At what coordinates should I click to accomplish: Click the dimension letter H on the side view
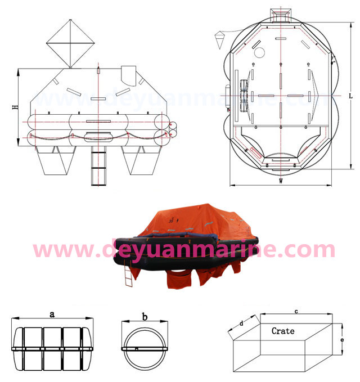click(15, 107)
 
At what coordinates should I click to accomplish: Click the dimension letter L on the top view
click(351, 96)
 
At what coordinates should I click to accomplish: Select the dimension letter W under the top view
click(281, 181)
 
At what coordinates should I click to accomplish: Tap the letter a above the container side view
click(52, 314)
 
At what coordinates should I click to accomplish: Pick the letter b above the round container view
click(145, 317)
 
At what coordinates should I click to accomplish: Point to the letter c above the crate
click(296, 311)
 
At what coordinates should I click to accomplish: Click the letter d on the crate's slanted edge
click(241, 323)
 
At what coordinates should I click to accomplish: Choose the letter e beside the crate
click(342, 340)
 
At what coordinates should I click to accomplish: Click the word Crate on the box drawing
click(283, 331)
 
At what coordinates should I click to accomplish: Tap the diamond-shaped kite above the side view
click(70, 43)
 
